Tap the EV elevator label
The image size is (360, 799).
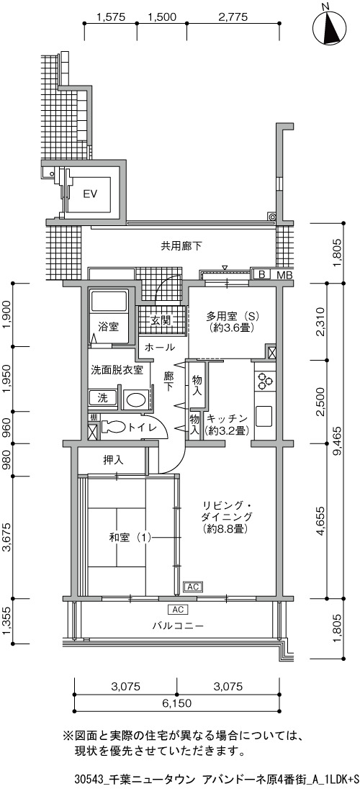point(90,194)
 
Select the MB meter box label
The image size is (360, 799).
point(282,275)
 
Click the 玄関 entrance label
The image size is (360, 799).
point(160,321)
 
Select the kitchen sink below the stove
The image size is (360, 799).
point(265,417)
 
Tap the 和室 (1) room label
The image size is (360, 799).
point(130,537)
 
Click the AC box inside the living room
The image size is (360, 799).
point(192,587)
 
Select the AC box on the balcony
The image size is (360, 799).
point(178,610)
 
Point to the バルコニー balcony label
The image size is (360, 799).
point(177,626)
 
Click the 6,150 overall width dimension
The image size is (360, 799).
point(177,704)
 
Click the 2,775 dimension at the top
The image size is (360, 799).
point(233,17)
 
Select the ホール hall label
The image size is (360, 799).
point(160,348)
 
